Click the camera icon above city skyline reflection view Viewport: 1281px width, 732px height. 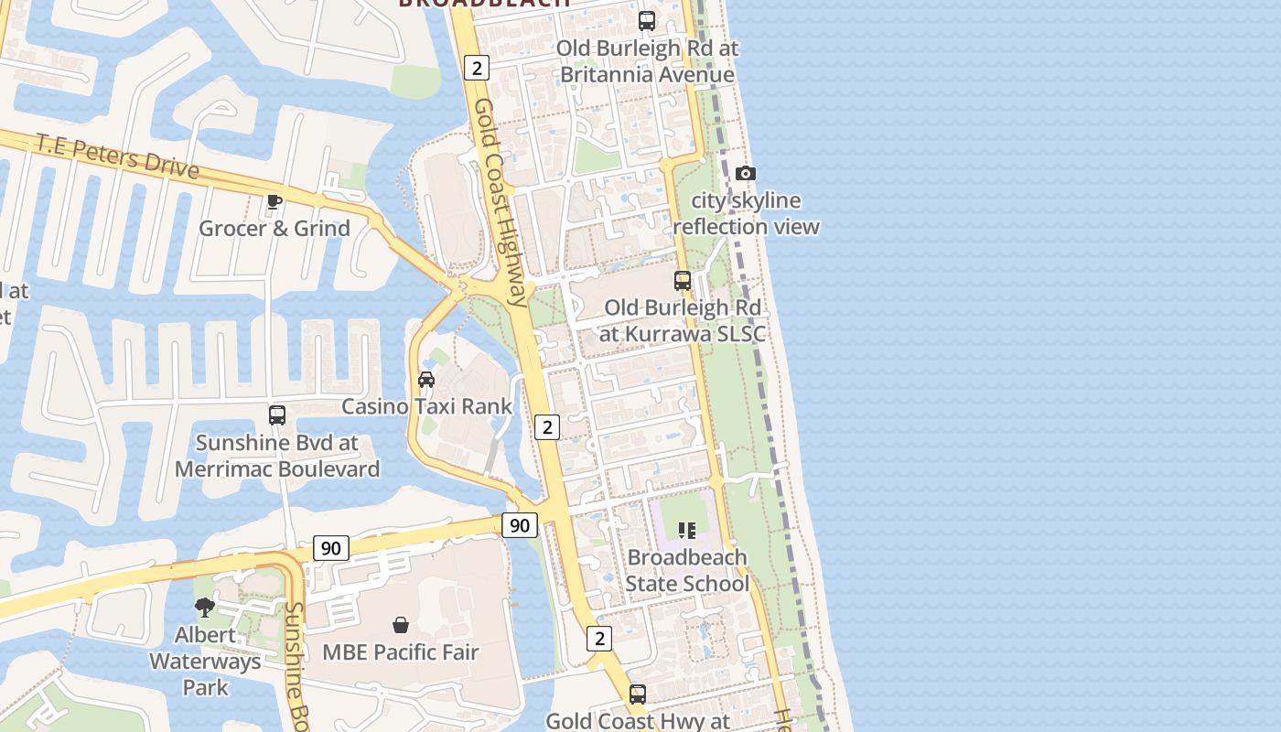pos(746,173)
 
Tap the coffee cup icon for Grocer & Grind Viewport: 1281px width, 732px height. pos(274,201)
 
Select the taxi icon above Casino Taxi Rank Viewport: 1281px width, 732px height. pos(426,379)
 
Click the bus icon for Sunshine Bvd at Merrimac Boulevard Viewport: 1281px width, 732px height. pos(277,414)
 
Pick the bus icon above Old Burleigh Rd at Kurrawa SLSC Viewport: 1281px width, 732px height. pos(683,280)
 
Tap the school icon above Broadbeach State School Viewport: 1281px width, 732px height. pos(687,530)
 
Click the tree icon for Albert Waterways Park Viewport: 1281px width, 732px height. pos(205,607)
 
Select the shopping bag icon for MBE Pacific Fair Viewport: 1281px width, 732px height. pos(400,625)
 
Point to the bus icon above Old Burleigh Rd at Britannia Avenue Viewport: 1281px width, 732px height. pos(647,20)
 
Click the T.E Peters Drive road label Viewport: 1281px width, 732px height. pos(118,156)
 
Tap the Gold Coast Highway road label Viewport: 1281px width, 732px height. pos(501,201)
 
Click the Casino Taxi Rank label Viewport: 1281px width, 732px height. pos(427,405)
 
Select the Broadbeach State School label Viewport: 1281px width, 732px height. pos(687,570)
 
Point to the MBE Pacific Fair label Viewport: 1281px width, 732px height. pos(401,652)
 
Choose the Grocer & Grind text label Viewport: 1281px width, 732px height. pos(274,228)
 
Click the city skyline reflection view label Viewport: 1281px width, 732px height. pos(747,213)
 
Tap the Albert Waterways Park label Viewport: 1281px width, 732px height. pos(205,661)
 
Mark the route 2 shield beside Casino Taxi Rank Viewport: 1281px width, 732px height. pos(546,426)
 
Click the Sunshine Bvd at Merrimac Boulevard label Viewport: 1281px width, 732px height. pos(277,456)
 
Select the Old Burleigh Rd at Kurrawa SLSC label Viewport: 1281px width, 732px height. pos(683,320)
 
